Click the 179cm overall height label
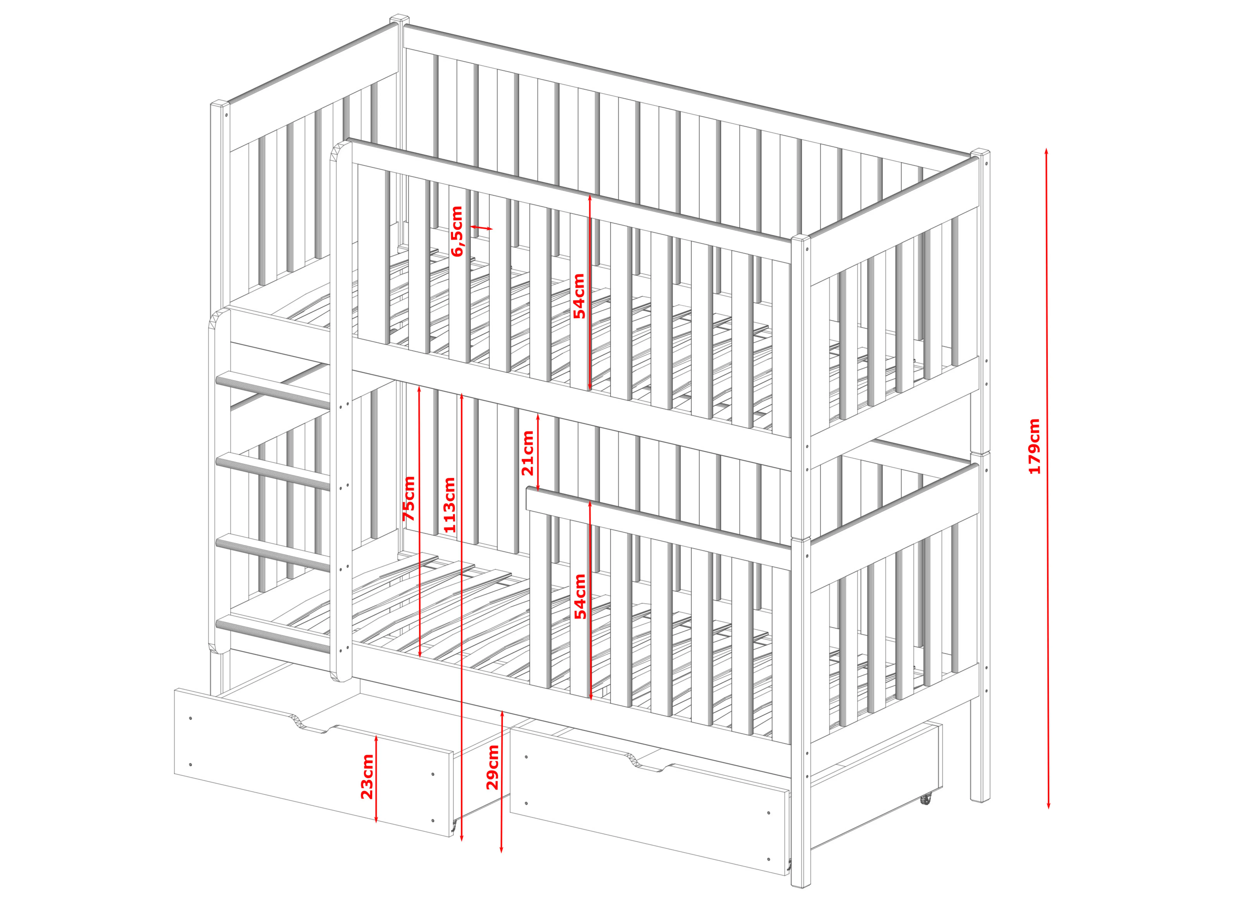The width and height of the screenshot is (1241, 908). [1034, 446]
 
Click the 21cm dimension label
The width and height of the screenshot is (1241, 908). [527, 453]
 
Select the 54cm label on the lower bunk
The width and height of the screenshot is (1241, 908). [580, 597]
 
